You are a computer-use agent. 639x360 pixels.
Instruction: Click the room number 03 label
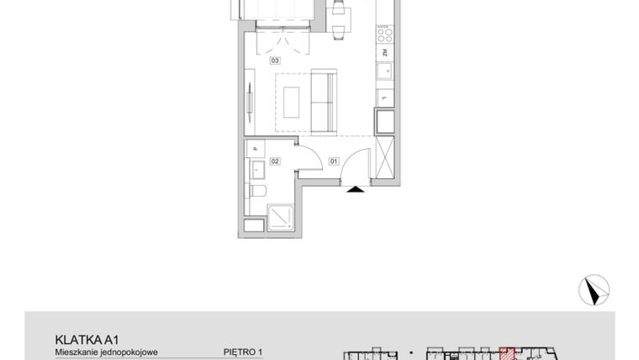click(274, 61)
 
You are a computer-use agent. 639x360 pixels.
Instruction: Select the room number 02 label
click(274, 161)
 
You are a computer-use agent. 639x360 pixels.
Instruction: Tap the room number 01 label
click(333, 161)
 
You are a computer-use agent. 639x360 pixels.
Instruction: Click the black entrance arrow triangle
click(356, 190)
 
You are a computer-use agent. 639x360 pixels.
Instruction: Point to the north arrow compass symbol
click(594, 290)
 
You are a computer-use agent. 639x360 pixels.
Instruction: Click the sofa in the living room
click(324, 102)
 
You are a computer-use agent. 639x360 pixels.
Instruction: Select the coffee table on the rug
click(292, 102)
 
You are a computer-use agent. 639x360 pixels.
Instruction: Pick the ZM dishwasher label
click(383, 54)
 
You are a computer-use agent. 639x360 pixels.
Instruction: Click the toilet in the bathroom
click(258, 192)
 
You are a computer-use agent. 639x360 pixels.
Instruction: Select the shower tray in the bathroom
click(281, 220)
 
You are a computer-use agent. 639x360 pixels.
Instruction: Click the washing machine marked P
click(255, 150)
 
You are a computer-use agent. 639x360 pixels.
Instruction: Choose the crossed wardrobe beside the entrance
click(386, 156)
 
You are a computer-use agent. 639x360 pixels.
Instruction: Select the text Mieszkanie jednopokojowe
click(106, 352)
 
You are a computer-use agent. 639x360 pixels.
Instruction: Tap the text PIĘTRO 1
click(244, 352)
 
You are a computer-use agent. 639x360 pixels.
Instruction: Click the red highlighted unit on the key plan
click(507, 354)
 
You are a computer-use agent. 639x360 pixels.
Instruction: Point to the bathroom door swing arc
click(308, 161)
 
